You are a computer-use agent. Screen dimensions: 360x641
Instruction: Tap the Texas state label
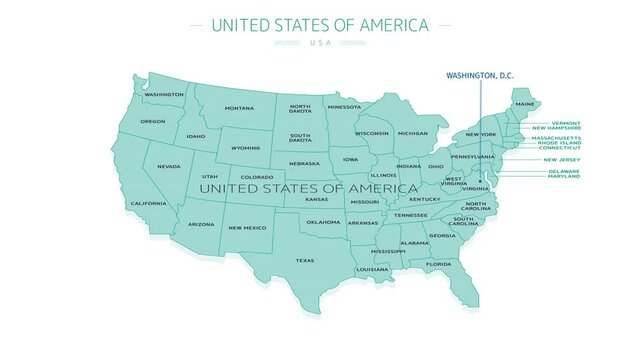tap(304, 260)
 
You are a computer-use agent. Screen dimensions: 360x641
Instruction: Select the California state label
tap(148, 203)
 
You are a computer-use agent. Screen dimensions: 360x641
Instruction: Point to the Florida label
tap(438, 264)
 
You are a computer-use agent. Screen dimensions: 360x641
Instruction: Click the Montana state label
tap(239, 108)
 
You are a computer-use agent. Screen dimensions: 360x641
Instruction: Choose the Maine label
tap(524, 104)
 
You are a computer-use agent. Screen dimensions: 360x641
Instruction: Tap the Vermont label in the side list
tap(565, 123)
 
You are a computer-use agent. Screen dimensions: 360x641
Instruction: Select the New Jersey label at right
tap(561, 160)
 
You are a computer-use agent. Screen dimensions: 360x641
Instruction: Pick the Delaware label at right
tap(563, 171)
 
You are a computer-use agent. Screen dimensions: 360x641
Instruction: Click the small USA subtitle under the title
tap(320, 43)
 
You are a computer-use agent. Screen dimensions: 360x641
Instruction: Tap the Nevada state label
tap(169, 167)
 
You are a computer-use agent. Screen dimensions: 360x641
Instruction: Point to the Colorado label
tap(256, 177)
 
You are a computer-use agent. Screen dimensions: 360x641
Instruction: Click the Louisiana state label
tap(372, 269)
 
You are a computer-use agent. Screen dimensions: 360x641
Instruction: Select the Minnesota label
tap(344, 106)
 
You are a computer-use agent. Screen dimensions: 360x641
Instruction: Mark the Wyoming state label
tap(245, 148)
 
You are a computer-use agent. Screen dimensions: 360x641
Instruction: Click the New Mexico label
tap(247, 228)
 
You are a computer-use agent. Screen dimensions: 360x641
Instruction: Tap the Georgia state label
tap(442, 236)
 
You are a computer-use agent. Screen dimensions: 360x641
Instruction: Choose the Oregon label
tap(153, 122)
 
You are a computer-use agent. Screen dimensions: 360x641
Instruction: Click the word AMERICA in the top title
tap(390, 24)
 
